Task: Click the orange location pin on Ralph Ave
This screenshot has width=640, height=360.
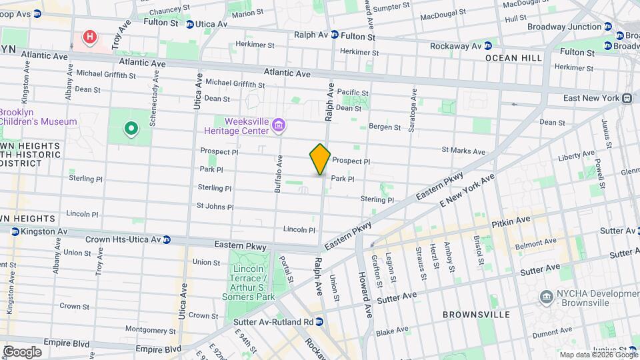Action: coord(320,159)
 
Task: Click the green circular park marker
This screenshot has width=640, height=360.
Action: coord(131,128)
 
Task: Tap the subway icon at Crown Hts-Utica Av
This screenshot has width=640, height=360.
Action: coord(167,239)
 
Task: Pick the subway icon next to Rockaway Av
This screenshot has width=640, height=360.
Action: coord(487,45)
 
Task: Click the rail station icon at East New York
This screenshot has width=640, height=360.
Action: coord(627,98)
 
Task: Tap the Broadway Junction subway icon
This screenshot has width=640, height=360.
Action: coord(609,27)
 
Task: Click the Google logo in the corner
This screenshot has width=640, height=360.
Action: coord(22,352)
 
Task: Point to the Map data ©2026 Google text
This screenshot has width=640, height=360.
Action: coord(598,355)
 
